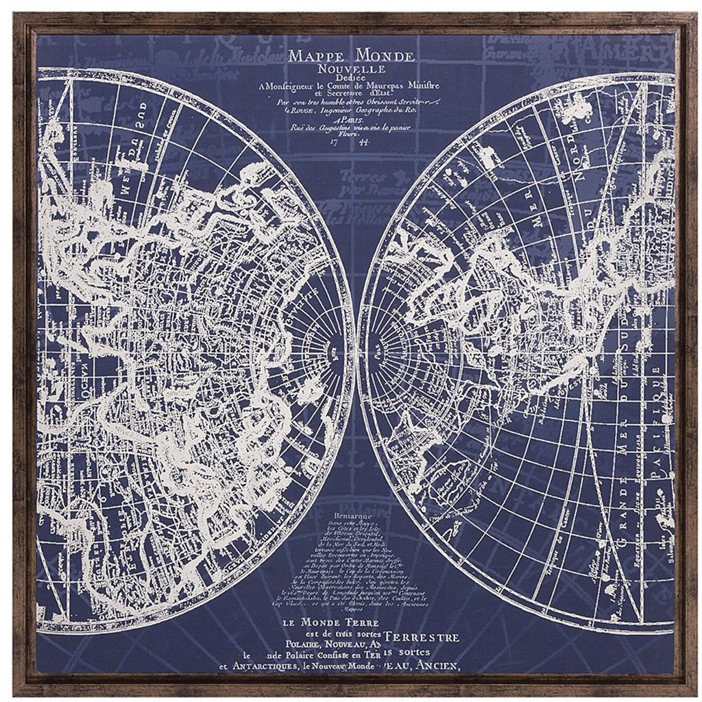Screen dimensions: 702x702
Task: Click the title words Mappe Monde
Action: click(351, 56)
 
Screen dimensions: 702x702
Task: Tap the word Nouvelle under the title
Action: click(351, 69)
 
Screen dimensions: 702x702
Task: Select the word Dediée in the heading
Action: click(350, 78)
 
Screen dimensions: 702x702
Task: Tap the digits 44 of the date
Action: click(363, 143)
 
